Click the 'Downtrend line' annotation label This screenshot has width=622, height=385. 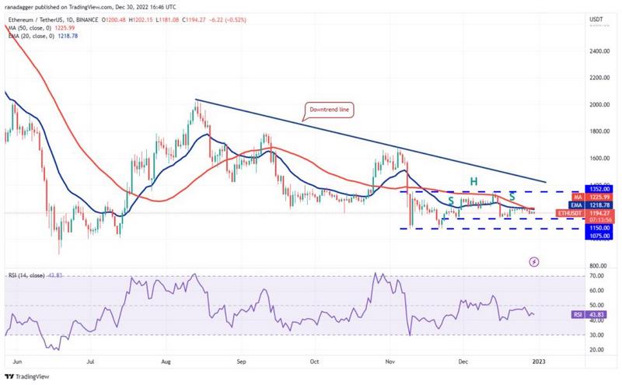(330, 111)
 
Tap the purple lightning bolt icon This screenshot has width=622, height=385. (535, 262)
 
